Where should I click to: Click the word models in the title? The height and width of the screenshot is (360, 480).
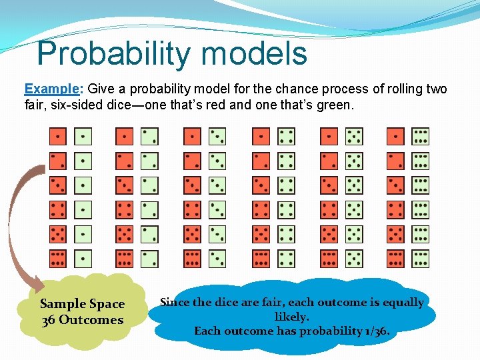click(x=263, y=53)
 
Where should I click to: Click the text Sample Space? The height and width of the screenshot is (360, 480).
click(x=83, y=304)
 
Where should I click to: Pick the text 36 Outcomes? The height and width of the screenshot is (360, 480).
click(x=83, y=320)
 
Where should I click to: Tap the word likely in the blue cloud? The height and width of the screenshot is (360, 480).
click(x=291, y=317)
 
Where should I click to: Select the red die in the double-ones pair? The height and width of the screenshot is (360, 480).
click(x=58, y=137)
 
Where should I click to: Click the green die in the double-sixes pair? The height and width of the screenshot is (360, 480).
click(x=421, y=259)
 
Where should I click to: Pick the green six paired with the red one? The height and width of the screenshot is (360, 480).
click(x=421, y=137)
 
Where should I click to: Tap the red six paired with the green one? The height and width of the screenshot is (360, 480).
click(x=58, y=259)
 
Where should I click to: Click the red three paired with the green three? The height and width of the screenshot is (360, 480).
click(x=193, y=185)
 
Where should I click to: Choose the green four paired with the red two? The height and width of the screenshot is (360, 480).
click(x=286, y=161)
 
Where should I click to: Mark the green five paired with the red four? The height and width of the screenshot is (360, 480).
click(x=355, y=210)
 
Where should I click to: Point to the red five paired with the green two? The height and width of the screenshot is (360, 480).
click(x=125, y=234)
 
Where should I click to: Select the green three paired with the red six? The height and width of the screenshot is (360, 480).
click(x=217, y=259)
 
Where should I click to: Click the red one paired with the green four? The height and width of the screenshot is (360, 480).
click(x=261, y=137)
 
